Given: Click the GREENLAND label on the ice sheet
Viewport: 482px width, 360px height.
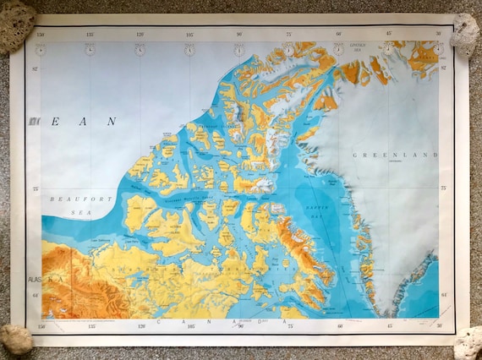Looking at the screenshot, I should pos(395,155).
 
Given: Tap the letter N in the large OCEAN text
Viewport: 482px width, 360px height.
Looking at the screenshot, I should pos(111,122).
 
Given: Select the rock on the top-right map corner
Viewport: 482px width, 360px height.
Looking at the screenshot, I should pos(464,35).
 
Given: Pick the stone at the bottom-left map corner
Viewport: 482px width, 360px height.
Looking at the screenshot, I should pos(16,340).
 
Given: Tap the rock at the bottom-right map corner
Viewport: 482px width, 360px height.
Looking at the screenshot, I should pos(468,342).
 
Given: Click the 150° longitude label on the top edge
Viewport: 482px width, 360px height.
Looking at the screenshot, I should pos(41,35).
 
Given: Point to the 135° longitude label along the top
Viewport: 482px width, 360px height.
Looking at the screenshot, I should pos(90,35).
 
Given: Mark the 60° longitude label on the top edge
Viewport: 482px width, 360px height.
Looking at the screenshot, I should pos(338,34).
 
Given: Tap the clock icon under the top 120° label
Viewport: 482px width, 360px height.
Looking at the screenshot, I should pos(140,50).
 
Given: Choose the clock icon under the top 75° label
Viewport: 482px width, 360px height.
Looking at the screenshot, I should pos(289,50).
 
